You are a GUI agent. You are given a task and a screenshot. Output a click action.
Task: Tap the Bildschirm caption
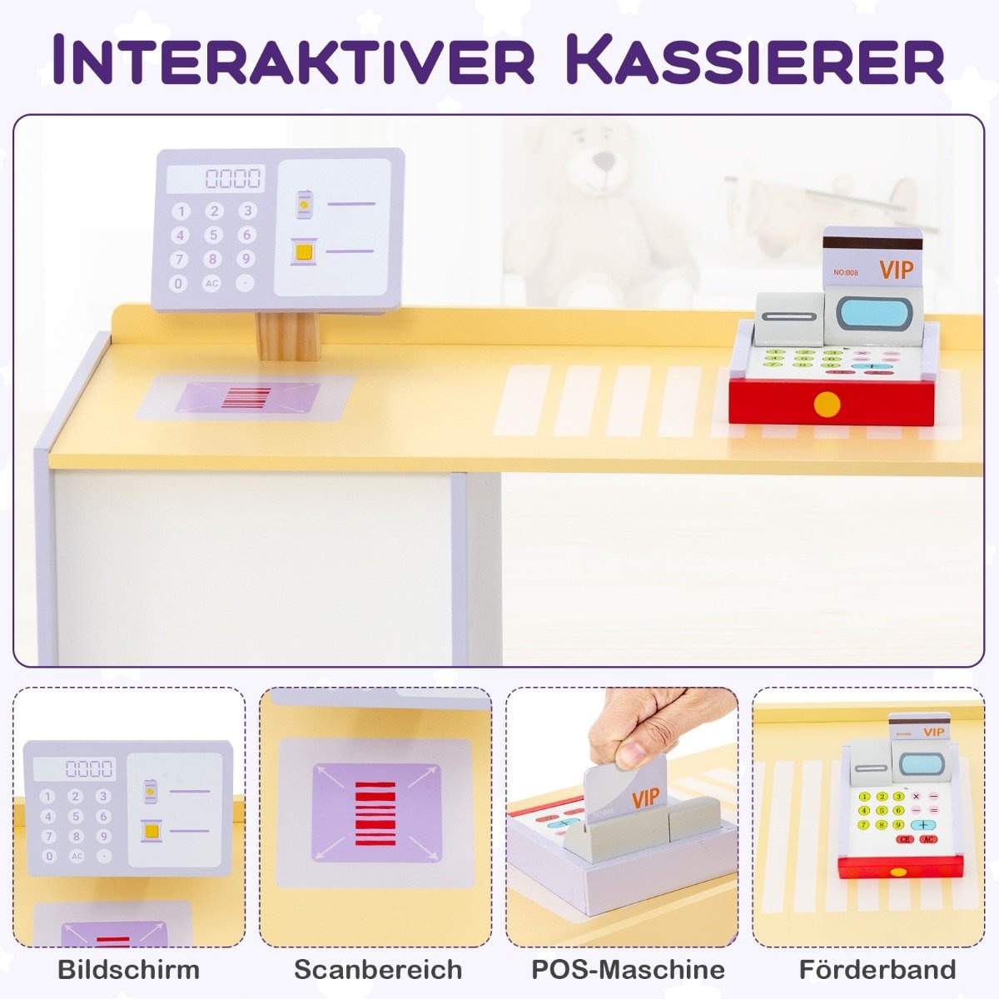pos(129,970)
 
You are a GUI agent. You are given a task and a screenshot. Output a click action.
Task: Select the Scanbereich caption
pos(378,970)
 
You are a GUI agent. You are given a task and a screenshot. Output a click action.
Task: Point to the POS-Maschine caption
pos(628,970)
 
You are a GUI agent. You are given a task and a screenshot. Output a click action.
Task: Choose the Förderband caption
pos(877,970)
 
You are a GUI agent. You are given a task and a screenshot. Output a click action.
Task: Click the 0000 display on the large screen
pos(232,178)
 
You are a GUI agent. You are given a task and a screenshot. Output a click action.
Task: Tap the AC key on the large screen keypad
pos(211,283)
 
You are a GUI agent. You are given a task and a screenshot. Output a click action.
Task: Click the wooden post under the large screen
pos(287,337)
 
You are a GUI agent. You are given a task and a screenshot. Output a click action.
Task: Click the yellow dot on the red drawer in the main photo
pos(827,405)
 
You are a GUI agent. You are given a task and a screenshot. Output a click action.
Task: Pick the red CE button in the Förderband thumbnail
pos(905,839)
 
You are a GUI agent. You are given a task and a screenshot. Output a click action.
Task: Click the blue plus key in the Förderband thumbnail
pos(924,824)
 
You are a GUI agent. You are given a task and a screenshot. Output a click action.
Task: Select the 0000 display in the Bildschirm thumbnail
pos(89,768)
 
